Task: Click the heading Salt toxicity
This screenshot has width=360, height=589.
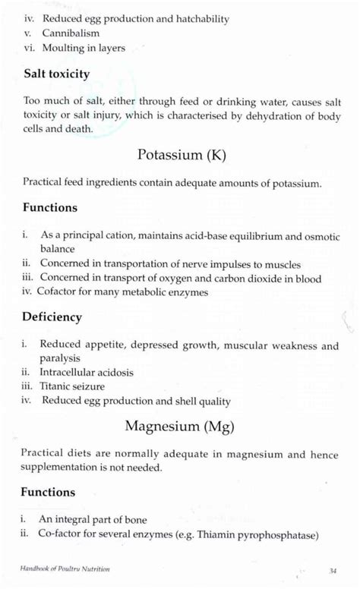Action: click(56, 74)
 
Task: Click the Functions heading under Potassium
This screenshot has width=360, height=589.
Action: click(49, 207)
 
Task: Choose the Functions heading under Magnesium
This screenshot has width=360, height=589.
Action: click(49, 492)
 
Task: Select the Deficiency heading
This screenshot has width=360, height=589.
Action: click(52, 317)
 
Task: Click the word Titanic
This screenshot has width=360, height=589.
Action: click(56, 386)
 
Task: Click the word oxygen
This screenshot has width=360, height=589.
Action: click(203, 279)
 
